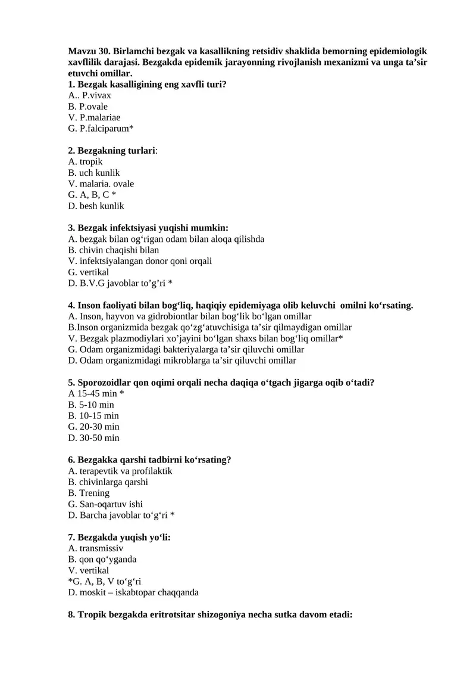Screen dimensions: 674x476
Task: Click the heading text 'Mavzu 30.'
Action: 87,51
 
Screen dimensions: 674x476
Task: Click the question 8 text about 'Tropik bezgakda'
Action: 211,615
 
